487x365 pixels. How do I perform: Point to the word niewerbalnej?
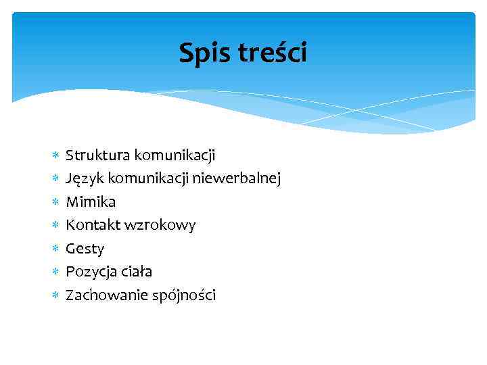(x=237, y=178)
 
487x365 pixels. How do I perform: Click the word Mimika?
(x=91, y=201)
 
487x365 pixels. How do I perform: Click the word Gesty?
(x=85, y=249)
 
